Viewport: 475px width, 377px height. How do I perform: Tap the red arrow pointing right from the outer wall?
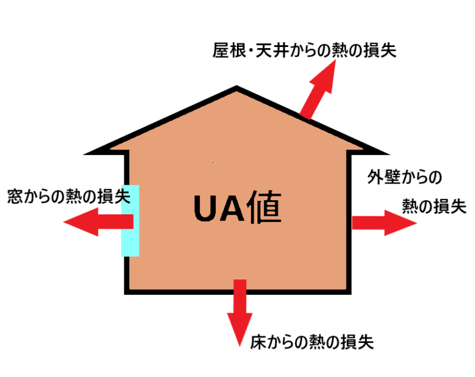(383, 222)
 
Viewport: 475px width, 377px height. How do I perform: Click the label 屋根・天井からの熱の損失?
(304, 50)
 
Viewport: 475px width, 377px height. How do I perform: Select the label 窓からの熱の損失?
(68, 197)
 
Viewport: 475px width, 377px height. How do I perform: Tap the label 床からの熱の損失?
(312, 341)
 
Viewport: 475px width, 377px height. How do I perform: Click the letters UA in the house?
(215, 208)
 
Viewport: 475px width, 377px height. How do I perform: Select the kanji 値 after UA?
(262, 208)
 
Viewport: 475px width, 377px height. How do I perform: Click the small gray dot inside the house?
(213, 163)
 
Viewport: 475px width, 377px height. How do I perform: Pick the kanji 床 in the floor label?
(259, 341)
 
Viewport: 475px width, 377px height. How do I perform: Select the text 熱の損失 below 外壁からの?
(434, 206)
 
